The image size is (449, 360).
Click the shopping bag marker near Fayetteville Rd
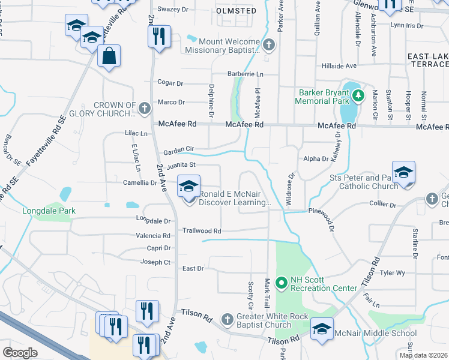(109, 57)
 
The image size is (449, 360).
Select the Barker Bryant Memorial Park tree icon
(358, 95)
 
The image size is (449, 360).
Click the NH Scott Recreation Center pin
(280, 282)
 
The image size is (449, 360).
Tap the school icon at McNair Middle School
(322, 329)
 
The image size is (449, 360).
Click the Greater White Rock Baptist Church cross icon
(227, 320)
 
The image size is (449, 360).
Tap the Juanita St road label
(185, 164)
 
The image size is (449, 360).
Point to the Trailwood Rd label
(202, 230)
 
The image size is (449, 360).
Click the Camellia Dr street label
(139, 182)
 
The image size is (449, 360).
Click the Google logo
(20, 352)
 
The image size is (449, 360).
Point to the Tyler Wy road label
(393, 273)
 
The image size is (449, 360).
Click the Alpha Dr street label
(316, 159)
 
